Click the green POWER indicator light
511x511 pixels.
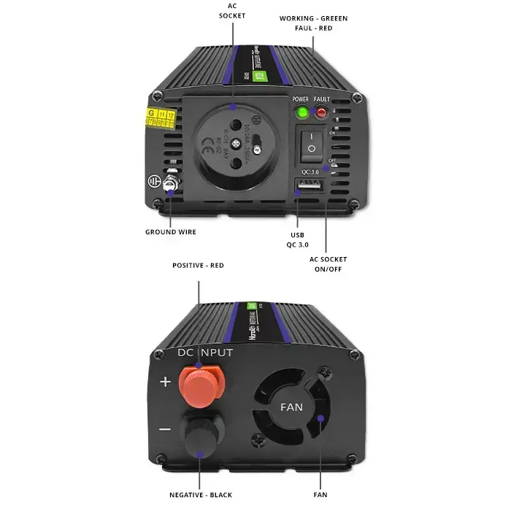coord(301,112)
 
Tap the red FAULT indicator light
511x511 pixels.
coord(321,112)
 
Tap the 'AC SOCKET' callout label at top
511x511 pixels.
coord(233,10)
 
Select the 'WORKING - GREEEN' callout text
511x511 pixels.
coord(313,18)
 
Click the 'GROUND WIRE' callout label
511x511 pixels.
coord(170,232)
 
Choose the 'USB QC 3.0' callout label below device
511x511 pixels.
coord(298,239)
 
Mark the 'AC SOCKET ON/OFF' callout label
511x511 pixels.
coord(328,264)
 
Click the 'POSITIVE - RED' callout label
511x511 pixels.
coord(198,266)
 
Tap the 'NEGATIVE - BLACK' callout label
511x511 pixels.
coord(201,495)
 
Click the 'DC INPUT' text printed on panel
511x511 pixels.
coord(205,353)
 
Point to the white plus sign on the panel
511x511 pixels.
coord(165,382)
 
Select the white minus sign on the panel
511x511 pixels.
coord(165,429)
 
